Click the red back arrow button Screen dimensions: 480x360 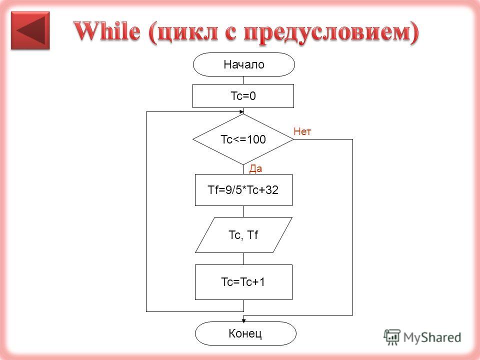pos(30,30)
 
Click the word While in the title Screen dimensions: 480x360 pos(107,31)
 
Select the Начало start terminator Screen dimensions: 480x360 pos(243,64)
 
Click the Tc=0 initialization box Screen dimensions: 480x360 pos(243,96)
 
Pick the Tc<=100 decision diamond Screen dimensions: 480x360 pos(243,139)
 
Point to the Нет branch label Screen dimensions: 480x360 pos(302,131)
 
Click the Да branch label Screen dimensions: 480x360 pos(255,168)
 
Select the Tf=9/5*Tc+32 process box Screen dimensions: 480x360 pos(243,190)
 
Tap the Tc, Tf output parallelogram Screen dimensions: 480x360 pos(243,235)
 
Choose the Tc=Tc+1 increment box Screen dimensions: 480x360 pos(243,282)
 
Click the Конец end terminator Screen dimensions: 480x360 pos(245,333)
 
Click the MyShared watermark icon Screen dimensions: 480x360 pos(391,337)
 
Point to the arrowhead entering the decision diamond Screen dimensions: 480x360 pos(241,111)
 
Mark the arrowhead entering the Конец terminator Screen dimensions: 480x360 pos(243,320)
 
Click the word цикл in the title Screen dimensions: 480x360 pos(187,32)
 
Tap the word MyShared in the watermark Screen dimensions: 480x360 pos(432,337)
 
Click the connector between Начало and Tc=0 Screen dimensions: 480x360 pos(243,80)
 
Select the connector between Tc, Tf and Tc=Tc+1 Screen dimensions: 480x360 pos(243,258)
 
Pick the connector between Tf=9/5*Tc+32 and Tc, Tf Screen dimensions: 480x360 pos(243,211)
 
